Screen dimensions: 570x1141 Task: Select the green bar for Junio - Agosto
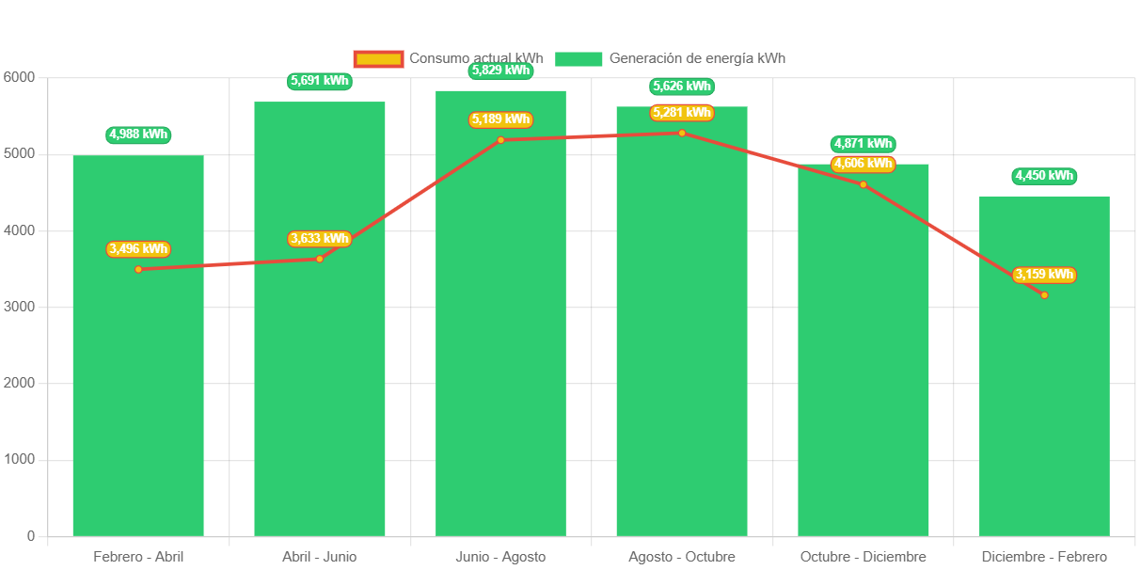(500, 357)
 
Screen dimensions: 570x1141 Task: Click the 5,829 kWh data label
(501, 71)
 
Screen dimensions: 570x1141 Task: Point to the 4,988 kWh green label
(138, 135)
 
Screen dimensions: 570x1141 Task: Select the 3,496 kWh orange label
(138, 249)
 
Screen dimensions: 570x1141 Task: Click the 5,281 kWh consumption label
(682, 113)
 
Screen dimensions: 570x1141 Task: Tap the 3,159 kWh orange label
(1044, 275)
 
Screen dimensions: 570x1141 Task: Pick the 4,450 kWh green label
(1044, 176)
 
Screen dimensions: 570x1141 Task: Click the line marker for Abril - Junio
(320, 259)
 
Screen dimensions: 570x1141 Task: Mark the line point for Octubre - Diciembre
(864, 184)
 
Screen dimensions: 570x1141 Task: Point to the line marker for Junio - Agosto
(500, 140)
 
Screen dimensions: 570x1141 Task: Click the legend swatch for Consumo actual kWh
(378, 58)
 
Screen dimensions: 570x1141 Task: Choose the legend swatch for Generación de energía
(578, 58)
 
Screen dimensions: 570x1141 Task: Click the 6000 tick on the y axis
(19, 77)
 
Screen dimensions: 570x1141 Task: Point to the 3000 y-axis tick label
(19, 307)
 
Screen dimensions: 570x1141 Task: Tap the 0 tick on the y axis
(31, 536)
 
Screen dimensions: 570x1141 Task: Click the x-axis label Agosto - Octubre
(682, 557)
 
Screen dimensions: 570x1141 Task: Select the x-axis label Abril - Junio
(320, 557)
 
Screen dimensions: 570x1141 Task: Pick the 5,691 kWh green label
(320, 81)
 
